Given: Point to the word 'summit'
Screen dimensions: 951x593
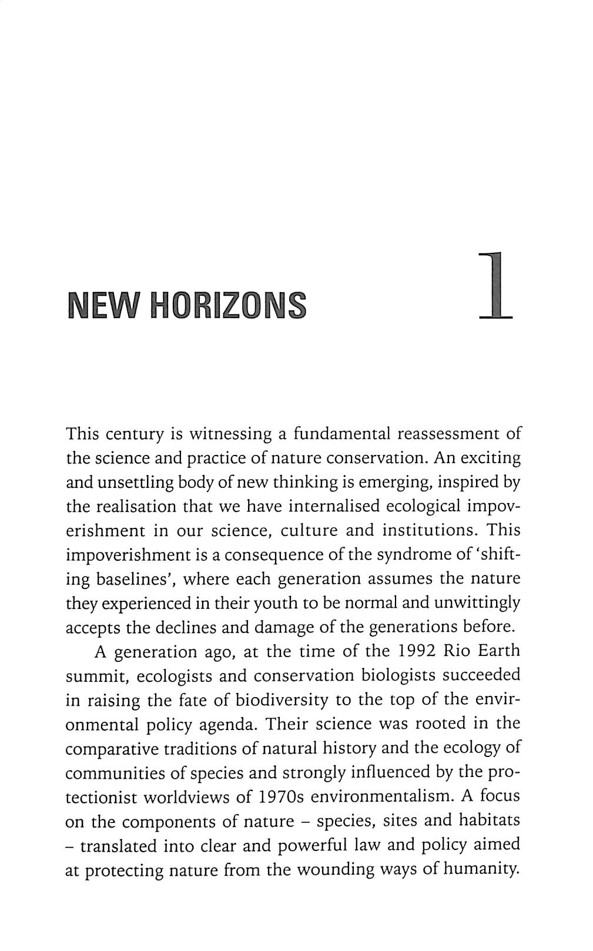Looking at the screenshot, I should [96, 677].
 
